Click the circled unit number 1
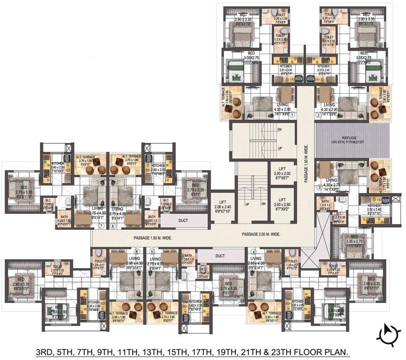292,114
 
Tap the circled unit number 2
318,114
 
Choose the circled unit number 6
136,252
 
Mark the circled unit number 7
101,225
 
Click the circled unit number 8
113,225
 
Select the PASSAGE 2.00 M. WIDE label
261,234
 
